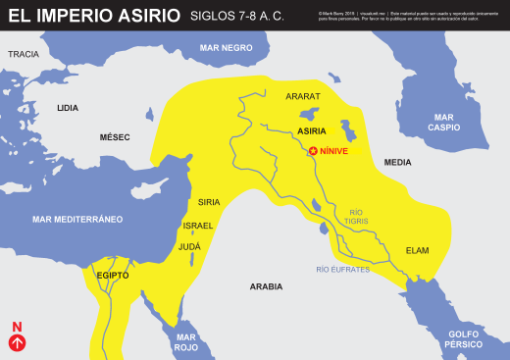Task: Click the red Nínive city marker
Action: coord(314,151)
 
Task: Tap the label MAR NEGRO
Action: coord(226,47)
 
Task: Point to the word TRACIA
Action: coord(23,54)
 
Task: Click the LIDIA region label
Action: coord(68,107)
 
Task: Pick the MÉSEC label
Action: coord(115,137)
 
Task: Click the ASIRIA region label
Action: coord(311,130)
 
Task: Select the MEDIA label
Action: coord(397,162)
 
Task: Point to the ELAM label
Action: coord(417,250)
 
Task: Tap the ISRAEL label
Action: coord(197,225)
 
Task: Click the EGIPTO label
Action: coord(113,276)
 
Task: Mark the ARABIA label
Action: coord(266,286)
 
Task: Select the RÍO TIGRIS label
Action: coord(356,216)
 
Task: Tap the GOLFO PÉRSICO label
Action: coord(463,339)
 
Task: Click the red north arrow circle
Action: coord(17,342)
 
